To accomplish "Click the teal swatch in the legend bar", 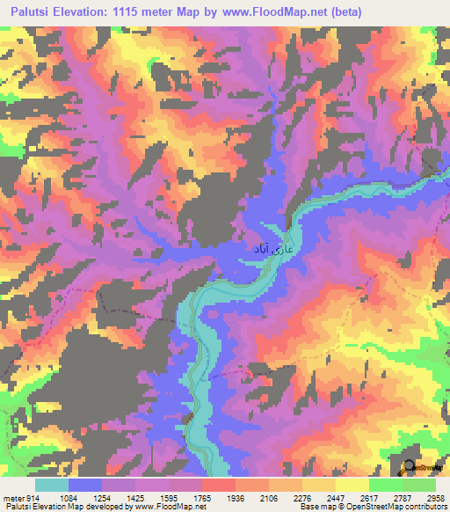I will tap(51, 486).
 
